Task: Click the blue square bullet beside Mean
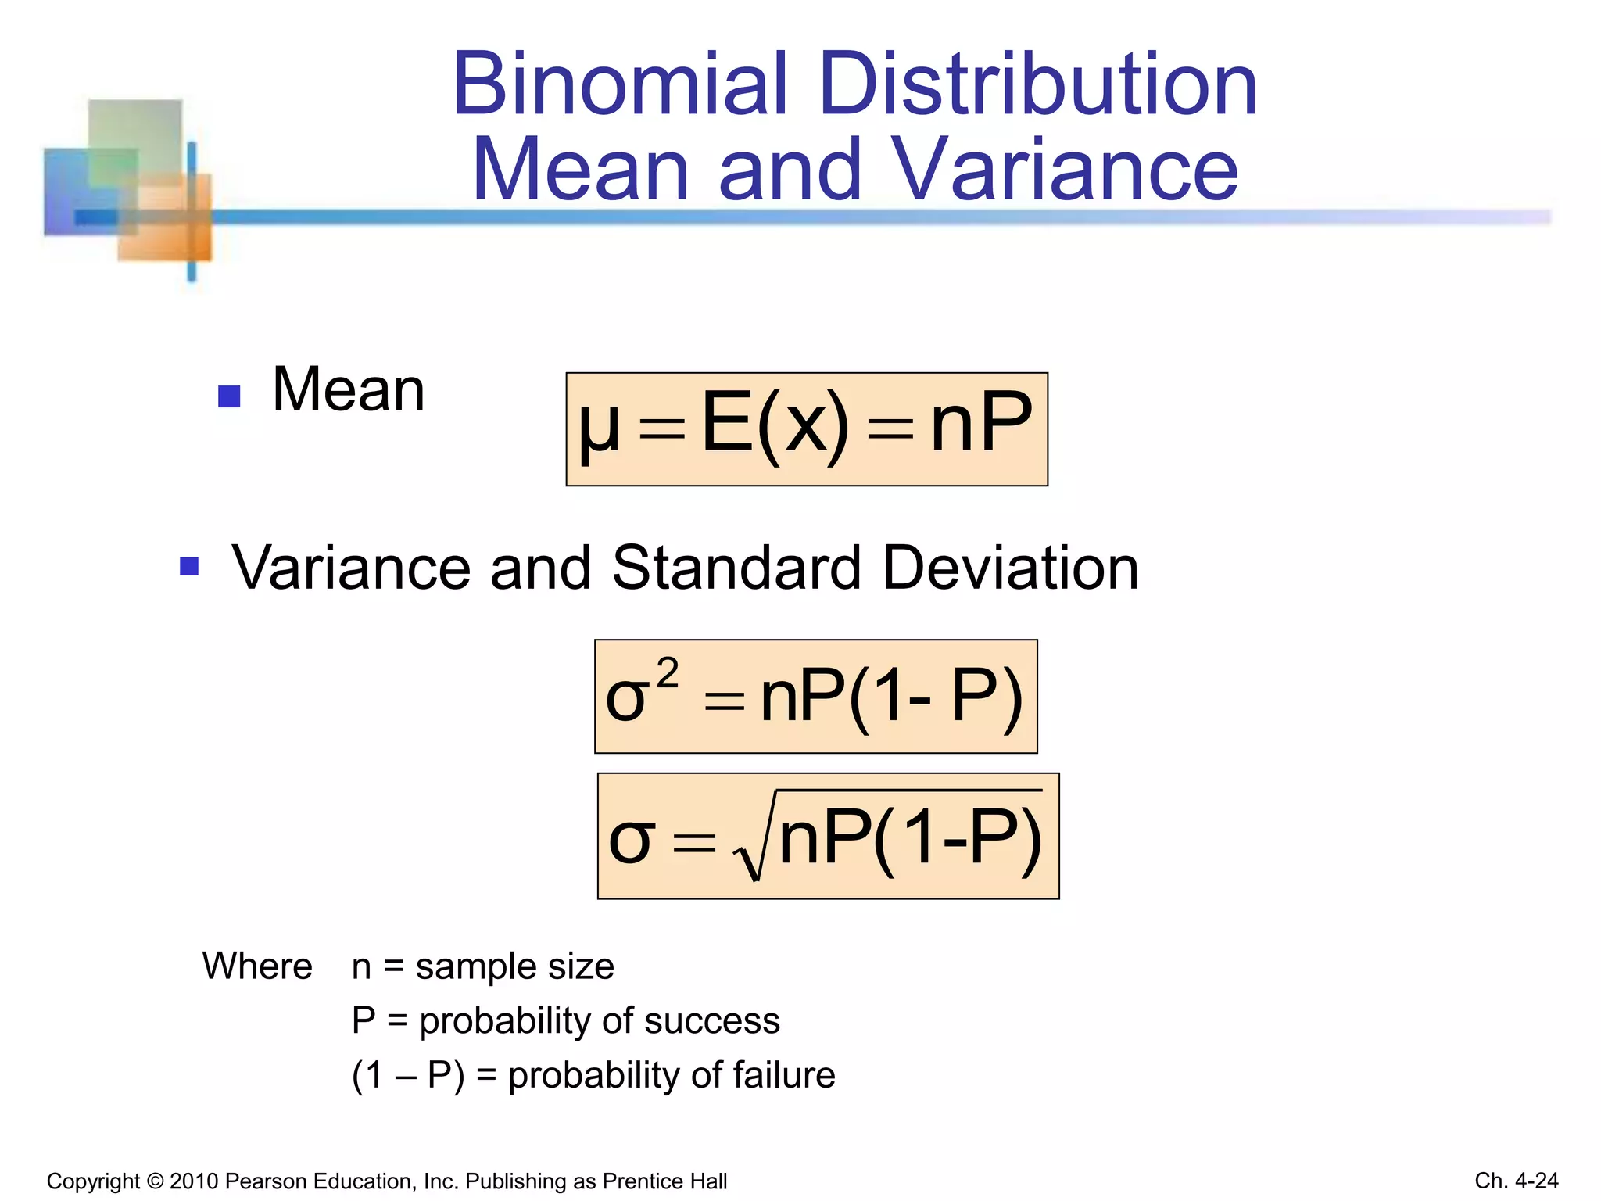coord(229,396)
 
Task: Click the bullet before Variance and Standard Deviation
coord(189,565)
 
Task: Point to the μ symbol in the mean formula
coord(599,427)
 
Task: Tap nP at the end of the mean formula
coord(981,423)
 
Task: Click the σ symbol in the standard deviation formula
coord(629,841)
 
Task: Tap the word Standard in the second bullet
coord(736,568)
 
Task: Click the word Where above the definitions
coord(257,966)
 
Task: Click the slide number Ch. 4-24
coord(1516,1181)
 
